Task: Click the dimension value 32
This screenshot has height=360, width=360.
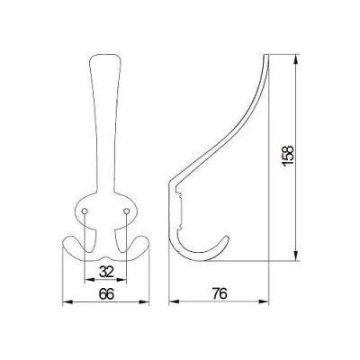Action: [106, 272]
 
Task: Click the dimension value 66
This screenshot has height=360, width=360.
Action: [106, 294]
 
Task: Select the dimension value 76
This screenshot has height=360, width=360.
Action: [220, 293]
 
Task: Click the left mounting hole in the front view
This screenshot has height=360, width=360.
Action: [85, 211]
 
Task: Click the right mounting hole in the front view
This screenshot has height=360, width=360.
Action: [126, 211]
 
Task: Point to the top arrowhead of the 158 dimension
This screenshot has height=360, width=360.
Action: [296, 58]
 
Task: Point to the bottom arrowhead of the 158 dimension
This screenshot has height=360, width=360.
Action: [296, 256]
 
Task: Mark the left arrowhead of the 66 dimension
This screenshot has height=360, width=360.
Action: [67, 301]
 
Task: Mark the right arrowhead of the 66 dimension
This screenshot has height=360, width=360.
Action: [144, 301]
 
